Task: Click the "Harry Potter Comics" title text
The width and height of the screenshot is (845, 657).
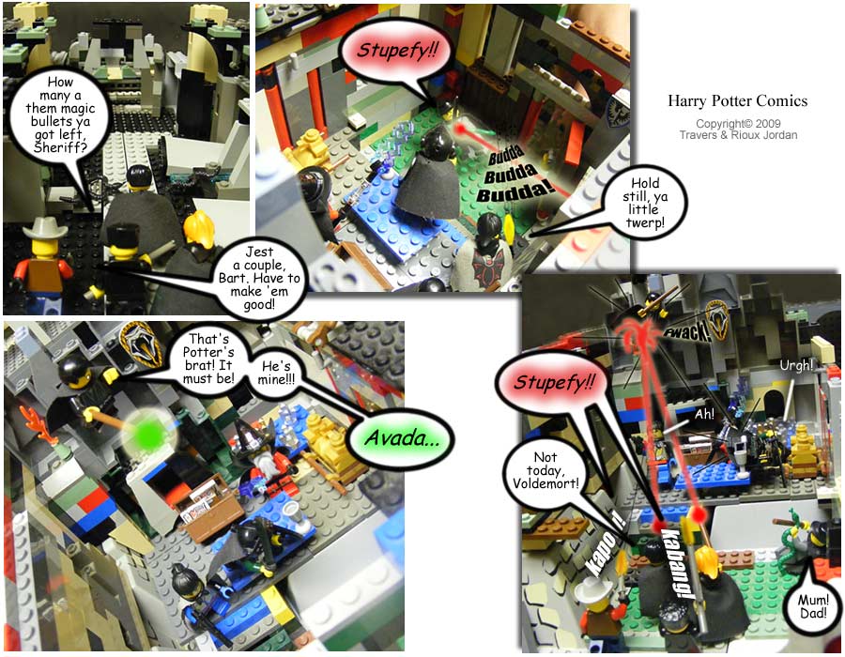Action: coord(738,100)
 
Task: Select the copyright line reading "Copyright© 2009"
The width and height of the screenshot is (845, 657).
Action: coord(738,123)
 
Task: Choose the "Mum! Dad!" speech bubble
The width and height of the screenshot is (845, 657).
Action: coord(813,606)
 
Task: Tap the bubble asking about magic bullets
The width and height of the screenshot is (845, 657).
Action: coord(60,115)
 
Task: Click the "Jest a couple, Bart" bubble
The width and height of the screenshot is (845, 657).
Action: coord(260,278)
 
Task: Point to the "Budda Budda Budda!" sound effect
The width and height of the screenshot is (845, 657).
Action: coord(512,175)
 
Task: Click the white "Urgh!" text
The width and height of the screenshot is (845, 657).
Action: coord(796,365)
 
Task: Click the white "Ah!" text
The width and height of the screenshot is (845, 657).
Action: coord(704,414)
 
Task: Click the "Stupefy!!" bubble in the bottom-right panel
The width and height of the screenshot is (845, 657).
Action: coord(553,384)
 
